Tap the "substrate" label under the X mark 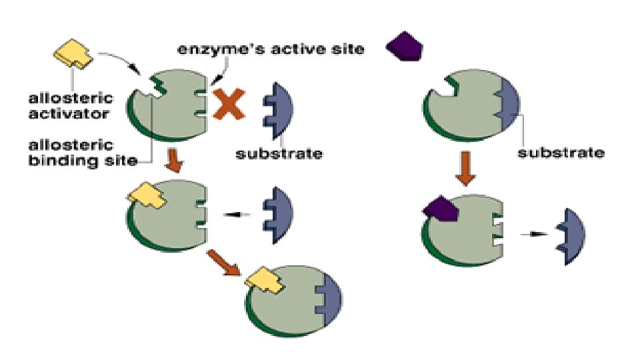point(279,154)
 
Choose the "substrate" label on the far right point(562,153)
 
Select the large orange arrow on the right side point(467,172)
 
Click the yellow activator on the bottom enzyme point(265,280)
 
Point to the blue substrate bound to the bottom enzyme point(328,296)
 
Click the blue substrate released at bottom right point(571,237)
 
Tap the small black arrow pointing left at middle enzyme point(233,214)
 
